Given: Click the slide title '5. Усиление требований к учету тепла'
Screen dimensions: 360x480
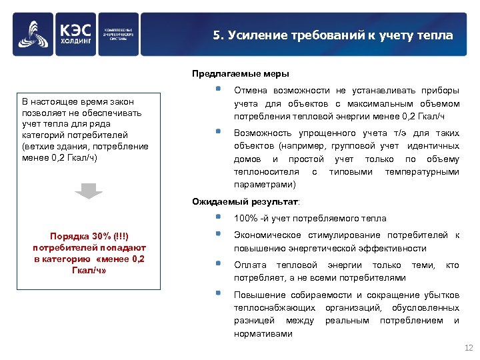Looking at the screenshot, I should [333, 35].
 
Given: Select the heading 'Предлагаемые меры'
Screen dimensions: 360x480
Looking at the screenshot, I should [241, 73].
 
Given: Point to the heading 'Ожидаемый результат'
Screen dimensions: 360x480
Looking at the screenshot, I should [245, 201].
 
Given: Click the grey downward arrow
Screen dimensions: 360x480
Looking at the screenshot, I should [88, 190].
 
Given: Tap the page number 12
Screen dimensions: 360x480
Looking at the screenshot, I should [467, 348].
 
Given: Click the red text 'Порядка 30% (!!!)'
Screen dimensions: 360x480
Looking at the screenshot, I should [89, 237].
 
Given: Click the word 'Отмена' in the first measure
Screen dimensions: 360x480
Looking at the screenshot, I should [249, 91].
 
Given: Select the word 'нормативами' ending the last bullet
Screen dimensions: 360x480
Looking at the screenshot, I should [263, 333].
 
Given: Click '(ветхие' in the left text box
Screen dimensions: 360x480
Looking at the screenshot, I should [38, 146].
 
